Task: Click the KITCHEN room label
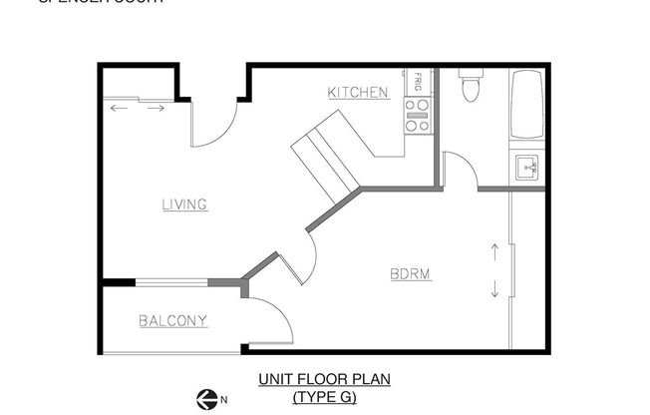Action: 358,93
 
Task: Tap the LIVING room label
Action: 184,205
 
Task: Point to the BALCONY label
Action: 173,320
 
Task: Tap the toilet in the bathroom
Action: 471,88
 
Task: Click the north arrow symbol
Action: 207,397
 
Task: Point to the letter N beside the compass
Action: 224,399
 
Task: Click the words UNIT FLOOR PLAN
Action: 324,379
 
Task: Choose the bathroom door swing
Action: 460,168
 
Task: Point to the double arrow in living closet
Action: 138,107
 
